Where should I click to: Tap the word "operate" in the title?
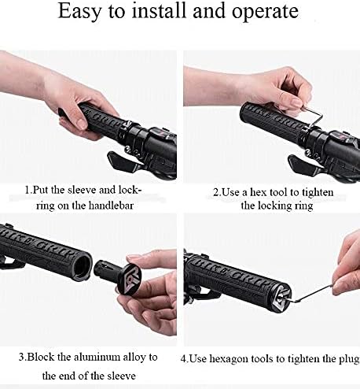(265, 12)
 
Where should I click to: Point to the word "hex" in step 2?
(258, 192)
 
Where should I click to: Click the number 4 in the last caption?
(183, 359)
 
